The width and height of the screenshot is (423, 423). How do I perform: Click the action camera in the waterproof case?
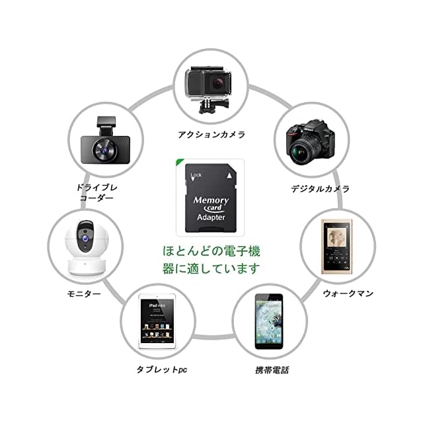(x=211, y=89)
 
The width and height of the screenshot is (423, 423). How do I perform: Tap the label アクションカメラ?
(x=211, y=134)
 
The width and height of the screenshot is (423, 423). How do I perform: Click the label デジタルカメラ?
(x=321, y=188)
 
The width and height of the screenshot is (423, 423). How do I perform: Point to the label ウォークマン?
(x=348, y=292)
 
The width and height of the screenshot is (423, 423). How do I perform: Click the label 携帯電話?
(x=272, y=370)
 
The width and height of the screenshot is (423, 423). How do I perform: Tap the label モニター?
(x=85, y=292)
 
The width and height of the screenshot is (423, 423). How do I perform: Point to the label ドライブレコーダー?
(x=96, y=192)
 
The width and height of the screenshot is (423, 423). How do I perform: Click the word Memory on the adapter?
(x=211, y=200)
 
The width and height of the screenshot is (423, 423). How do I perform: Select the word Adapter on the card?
(x=211, y=217)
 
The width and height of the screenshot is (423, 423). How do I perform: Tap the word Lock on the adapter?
(x=196, y=176)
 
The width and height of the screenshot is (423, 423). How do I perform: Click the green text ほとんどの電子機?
(x=211, y=252)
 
